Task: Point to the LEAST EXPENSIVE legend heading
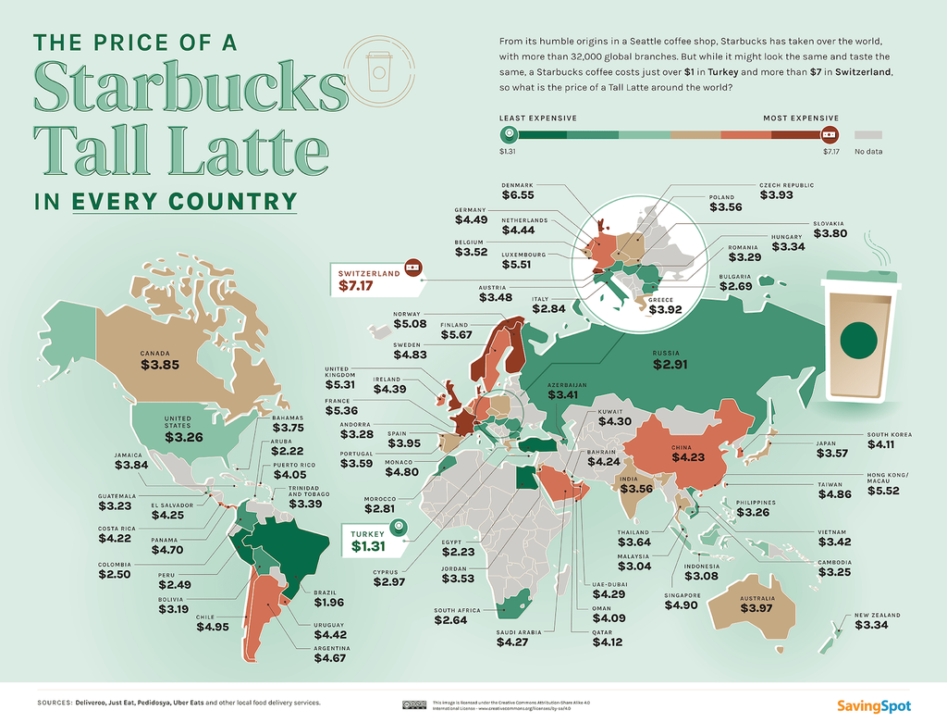click(x=538, y=118)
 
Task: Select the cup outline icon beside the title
click(x=379, y=71)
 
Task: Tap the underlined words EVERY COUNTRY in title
click(x=185, y=201)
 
